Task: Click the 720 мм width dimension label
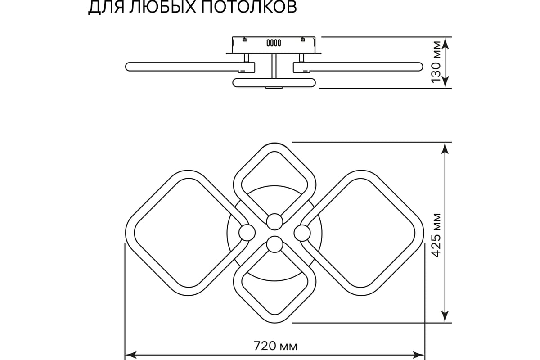coord(275,346)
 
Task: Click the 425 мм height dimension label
coord(436,235)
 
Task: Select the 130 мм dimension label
coord(436,63)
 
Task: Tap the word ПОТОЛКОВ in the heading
coord(249,7)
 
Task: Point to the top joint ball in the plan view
coord(274,221)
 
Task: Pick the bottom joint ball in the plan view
coord(274,244)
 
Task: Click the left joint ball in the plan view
coord(247,233)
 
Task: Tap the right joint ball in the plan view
coord(302,233)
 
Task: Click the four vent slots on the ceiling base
coord(274,43)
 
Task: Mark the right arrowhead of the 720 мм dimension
coord(418,355)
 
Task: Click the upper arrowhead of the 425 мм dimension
coord(445,148)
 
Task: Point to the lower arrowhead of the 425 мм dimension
coord(445,317)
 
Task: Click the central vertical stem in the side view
coord(274,66)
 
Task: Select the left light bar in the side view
coord(190,67)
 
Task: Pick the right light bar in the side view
coord(358,67)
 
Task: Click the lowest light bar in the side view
coord(274,82)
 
